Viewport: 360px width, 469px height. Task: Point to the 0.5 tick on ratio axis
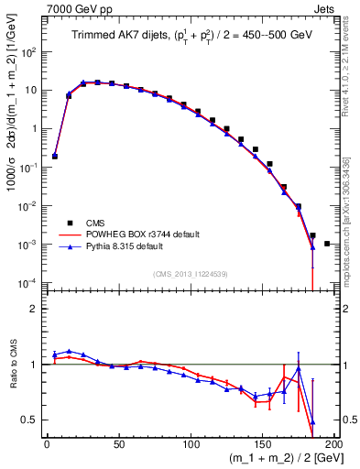33,420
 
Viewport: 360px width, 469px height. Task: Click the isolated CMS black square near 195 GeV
327,244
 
